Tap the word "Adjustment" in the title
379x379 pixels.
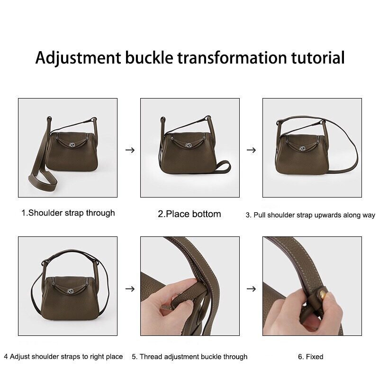(78, 58)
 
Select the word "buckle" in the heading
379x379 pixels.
(149, 57)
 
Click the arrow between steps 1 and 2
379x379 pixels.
(130, 150)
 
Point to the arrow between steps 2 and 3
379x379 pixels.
(251, 150)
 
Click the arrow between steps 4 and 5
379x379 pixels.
(130, 289)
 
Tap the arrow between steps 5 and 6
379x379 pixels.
(251, 289)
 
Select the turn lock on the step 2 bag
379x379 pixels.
(188, 145)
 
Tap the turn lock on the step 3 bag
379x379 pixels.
(302, 149)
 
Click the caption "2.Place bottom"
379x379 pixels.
(189, 214)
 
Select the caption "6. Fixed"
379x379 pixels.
(311, 357)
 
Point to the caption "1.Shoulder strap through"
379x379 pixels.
(68, 213)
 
